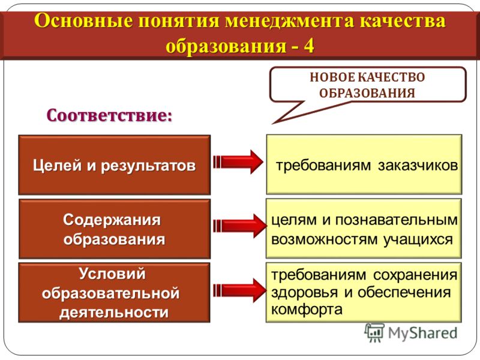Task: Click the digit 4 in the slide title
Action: tap(308, 46)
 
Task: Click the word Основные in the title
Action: tap(83, 21)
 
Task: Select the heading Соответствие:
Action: tap(109, 116)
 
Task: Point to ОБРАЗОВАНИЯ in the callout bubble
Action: tap(367, 92)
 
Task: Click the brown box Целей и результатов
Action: tap(115, 164)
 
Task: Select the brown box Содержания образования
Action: tap(115, 229)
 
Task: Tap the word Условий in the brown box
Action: tap(112, 274)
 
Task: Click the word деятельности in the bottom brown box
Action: tap(114, 313)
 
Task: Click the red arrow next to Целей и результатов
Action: tap(238, 162)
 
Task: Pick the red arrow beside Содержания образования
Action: tap(239, 226)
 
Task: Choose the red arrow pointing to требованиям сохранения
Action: tap(239, 290)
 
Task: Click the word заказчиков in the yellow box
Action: tap(418, 166)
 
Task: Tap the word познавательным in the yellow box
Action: tap(397, 220)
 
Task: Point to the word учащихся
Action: tap(418, 239)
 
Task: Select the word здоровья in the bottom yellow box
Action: tap(304, 293)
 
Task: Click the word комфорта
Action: tap(307, 310)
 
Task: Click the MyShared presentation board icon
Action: tap(374, 333)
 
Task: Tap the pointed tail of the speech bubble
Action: tap(272, 124)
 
